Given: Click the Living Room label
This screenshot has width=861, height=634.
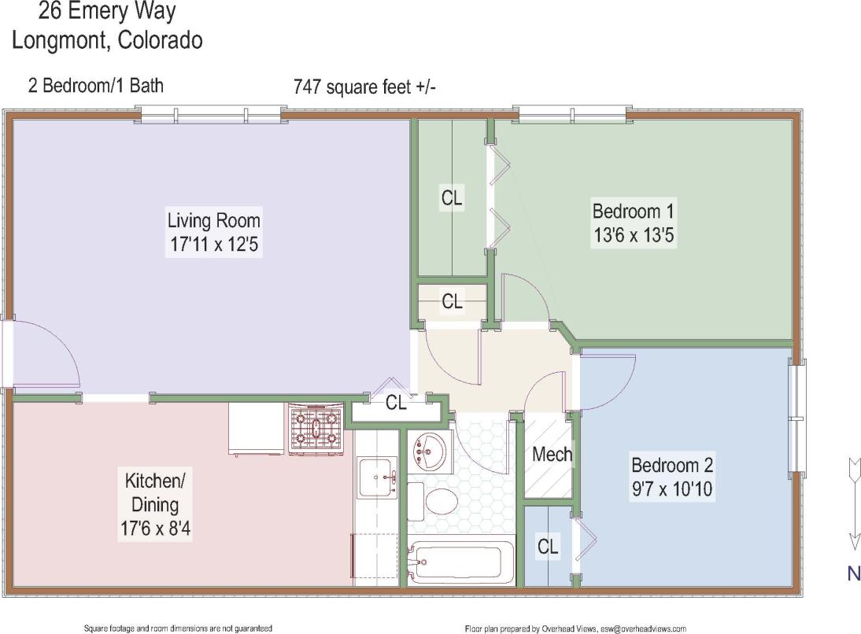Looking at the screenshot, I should click(x=213, y=220).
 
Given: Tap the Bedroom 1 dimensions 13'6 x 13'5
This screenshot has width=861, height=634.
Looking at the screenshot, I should click(x=633, y=234).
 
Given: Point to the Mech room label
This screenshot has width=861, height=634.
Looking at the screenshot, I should click(x=552, y=454).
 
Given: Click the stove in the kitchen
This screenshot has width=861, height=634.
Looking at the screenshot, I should click(x=316, y=429).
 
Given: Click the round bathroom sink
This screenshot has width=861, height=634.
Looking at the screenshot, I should click(x=429, y=451).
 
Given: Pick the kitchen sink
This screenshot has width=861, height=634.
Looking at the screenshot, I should click(x=377, y=476).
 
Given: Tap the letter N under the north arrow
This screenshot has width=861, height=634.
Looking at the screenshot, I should click(x=853, y=573).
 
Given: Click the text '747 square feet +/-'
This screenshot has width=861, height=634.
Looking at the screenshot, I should click(x=364, y=87).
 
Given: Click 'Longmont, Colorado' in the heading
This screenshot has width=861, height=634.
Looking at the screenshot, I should click(x=107, y=40).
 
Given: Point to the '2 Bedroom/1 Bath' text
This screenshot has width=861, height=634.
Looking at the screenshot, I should click(x=96, y=85).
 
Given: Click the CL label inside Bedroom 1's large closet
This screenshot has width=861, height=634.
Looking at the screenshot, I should click(x=452, y=198).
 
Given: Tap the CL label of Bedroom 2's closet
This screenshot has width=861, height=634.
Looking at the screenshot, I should click(x=548, y=546).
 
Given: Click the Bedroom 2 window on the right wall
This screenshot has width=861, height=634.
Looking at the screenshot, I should click(x=798, y=418).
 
